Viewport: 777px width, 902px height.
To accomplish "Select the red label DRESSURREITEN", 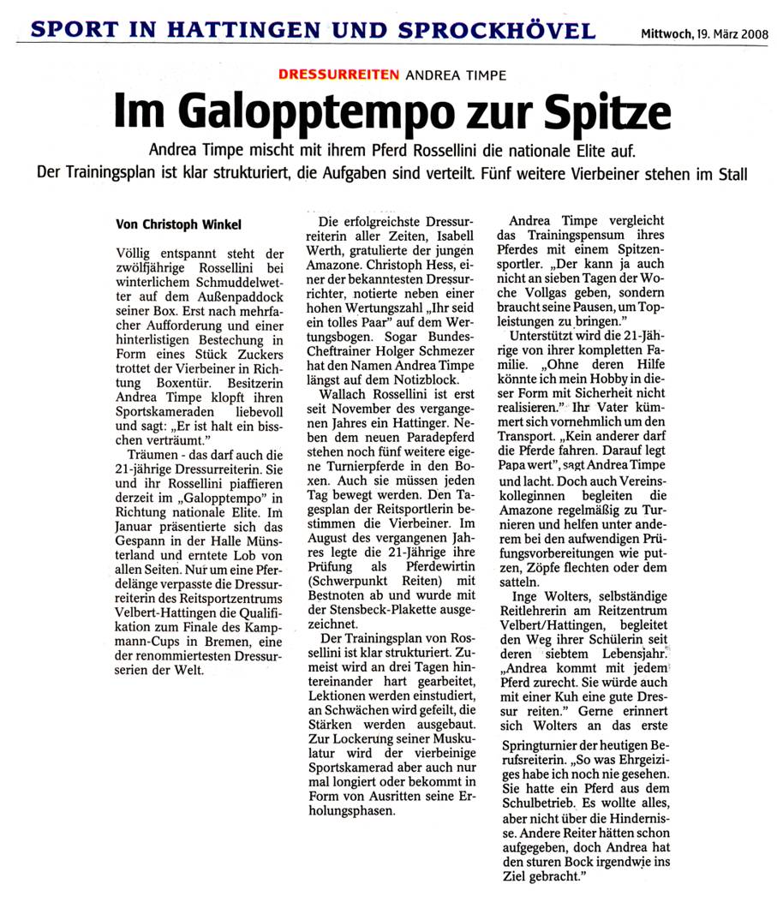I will tap(339, 75).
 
